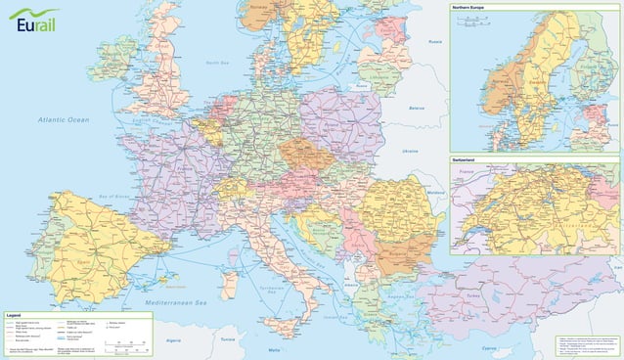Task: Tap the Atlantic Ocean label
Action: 64,119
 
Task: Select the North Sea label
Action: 217,63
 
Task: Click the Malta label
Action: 274,349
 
